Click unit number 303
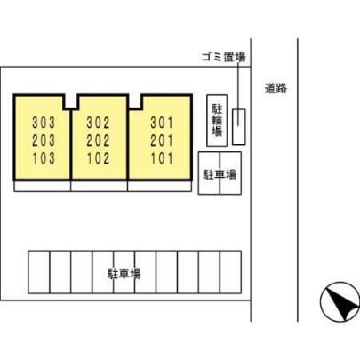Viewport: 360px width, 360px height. [x=44, y=123]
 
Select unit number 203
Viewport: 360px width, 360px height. [x=44, y=140]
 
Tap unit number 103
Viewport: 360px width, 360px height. [x=44, y=158]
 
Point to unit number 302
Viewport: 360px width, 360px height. [x=98, y=123]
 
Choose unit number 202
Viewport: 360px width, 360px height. [x=98, y=140]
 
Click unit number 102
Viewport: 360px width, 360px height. [x=98, y=158]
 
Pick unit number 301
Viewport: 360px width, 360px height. [x=162, y=123]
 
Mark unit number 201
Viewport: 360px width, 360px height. [x=162, y=140]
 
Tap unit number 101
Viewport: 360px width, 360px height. [x=162, y=158]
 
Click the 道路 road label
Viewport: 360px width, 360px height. [x=276, y=88]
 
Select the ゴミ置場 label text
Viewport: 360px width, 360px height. [x=224, y=57]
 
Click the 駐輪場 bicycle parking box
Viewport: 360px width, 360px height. [x=217, y=120]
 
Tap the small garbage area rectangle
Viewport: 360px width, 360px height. [x=239, y=127]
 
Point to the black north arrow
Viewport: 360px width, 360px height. [x=340, y=301]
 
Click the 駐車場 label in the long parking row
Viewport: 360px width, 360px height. [x=124, y=274]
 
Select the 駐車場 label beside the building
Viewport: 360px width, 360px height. [x=220, y=174]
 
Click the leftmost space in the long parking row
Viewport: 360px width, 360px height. [x=39, y=272]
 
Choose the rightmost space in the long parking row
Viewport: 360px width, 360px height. [x=230, y=272]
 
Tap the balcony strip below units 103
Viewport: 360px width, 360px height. [x=43, y=186]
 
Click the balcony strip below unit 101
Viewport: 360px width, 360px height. [x=159, y=186]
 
